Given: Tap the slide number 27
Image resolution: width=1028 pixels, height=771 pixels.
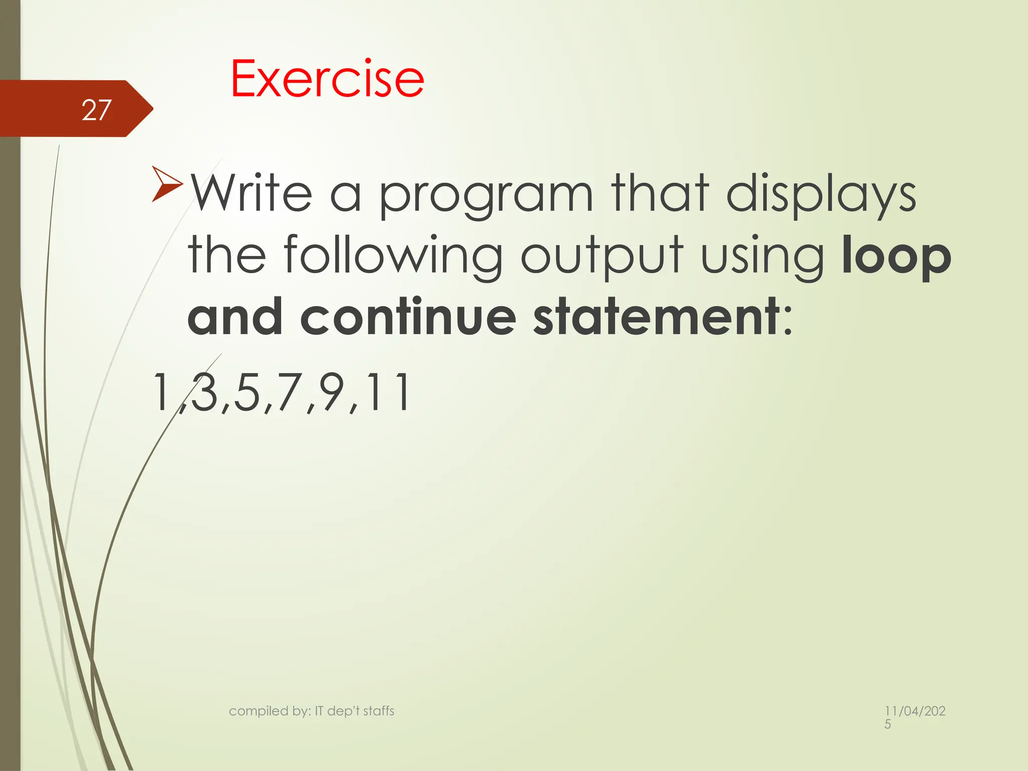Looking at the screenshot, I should point(96,110).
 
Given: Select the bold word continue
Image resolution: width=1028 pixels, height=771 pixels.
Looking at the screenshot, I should point(408,317).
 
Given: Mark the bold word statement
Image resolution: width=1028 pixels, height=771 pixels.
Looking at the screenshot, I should point(657,317).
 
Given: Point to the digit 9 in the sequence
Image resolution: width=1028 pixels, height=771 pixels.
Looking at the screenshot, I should point(334,393).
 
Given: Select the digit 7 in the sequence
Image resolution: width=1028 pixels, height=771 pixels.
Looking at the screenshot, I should point(290,393).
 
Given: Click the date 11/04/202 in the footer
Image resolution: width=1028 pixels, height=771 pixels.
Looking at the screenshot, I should point(915,711).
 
